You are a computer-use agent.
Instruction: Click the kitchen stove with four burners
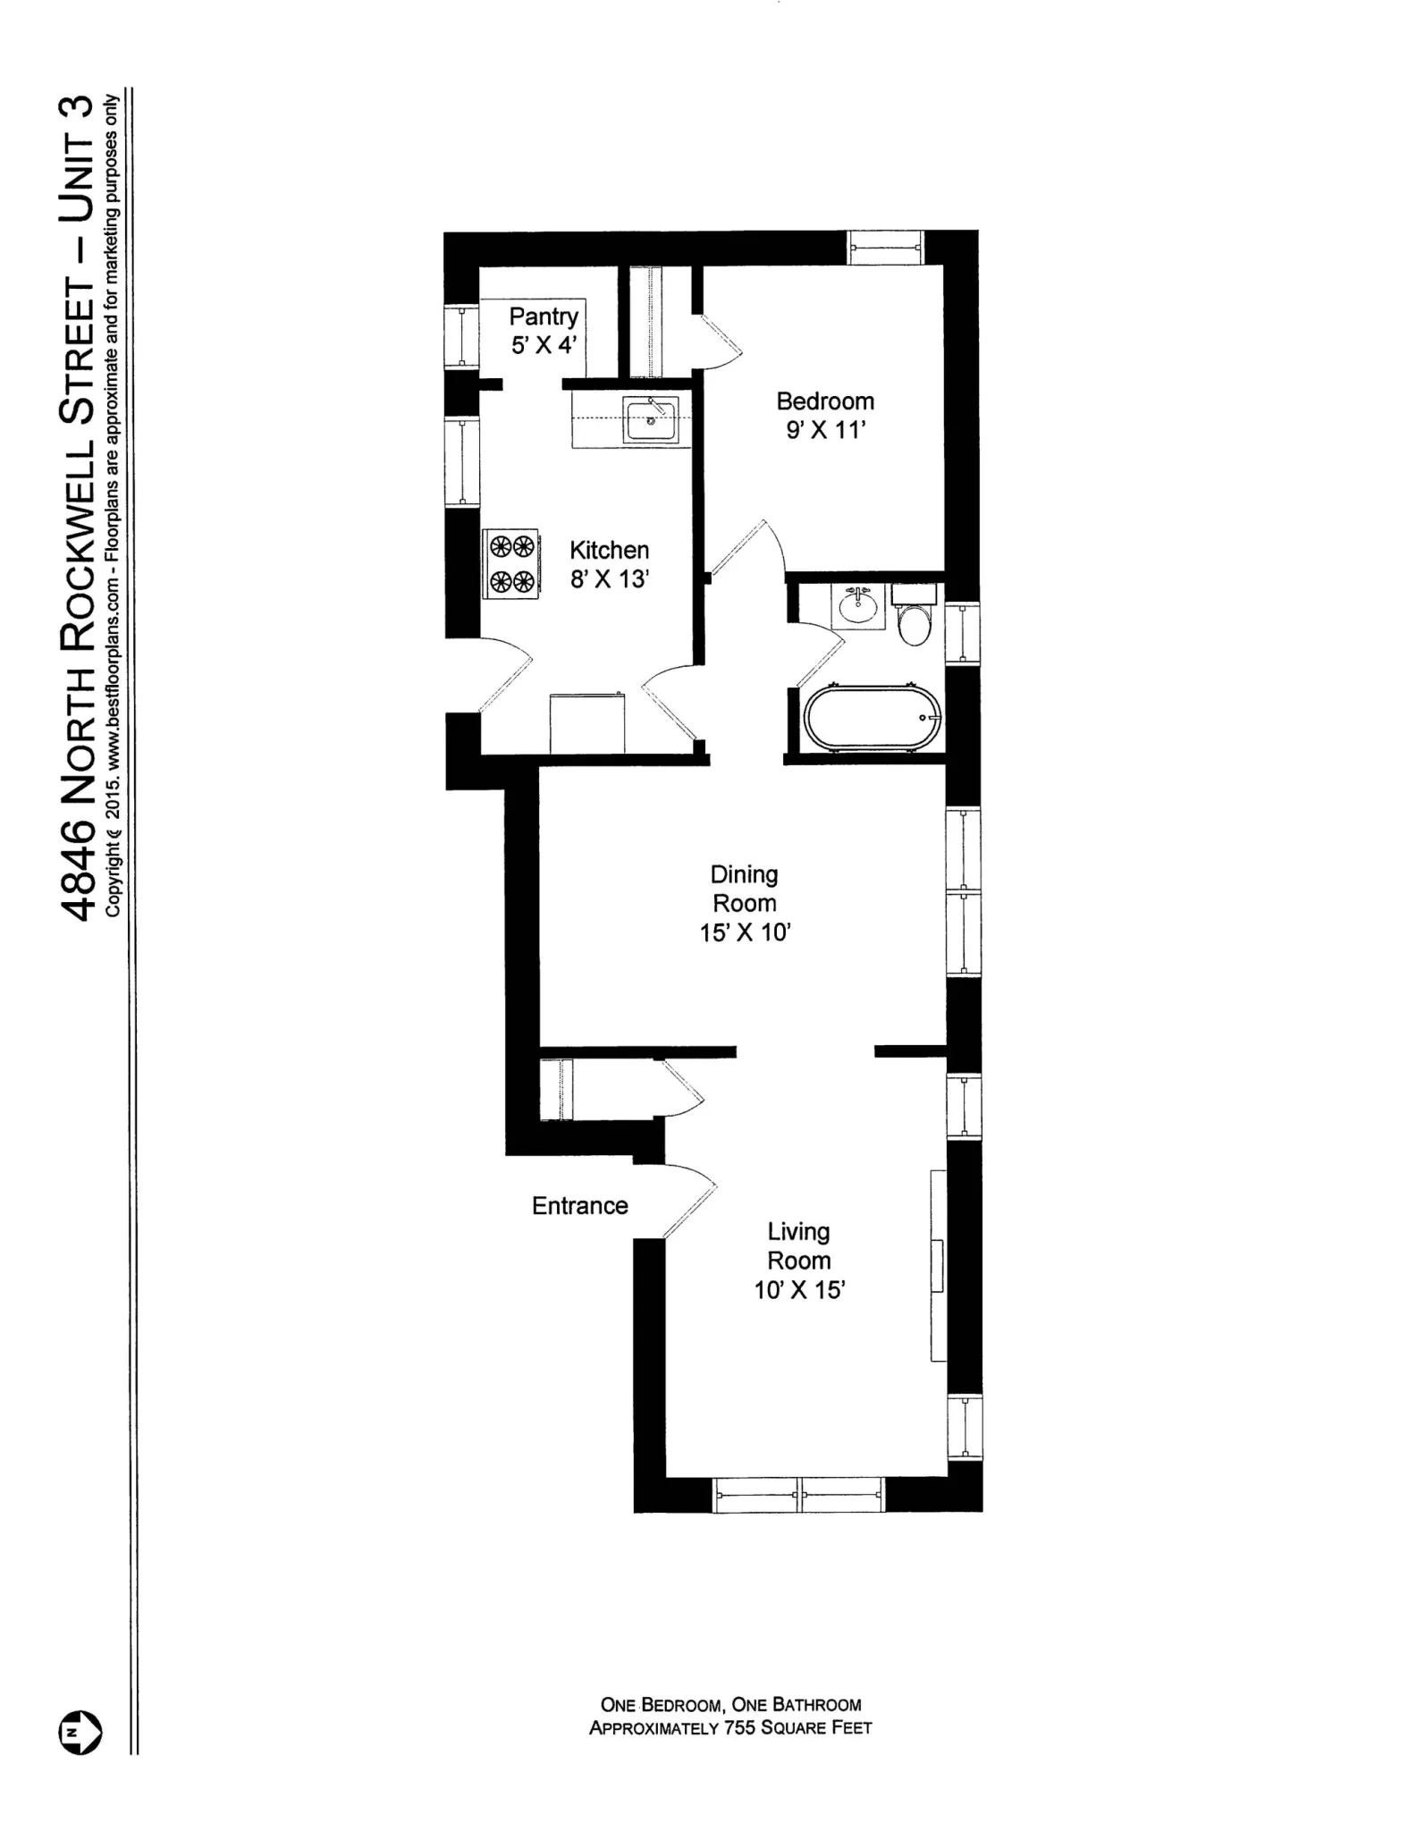tap(510, 563)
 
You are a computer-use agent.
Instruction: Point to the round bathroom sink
tap(859, 608)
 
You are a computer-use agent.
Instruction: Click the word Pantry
tap(544, 316)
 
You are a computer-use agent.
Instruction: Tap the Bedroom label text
tap(824, 401)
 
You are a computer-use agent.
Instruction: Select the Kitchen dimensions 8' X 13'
tap(609, 579)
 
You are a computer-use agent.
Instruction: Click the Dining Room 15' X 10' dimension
tap(745, 932)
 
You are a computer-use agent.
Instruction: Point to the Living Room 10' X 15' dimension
tap(799, 1290)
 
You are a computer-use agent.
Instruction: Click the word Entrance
tap(579, 1206)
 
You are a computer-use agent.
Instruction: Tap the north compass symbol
tap(80, 1733)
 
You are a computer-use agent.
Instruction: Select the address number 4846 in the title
tap(79, 871)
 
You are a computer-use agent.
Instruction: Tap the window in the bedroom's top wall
tap(885, 247)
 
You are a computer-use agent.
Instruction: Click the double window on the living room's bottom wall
tap(799, 1494)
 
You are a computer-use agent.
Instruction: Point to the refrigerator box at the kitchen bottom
tap(586, 723)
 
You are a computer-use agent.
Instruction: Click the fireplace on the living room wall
tap(938, 1265)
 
